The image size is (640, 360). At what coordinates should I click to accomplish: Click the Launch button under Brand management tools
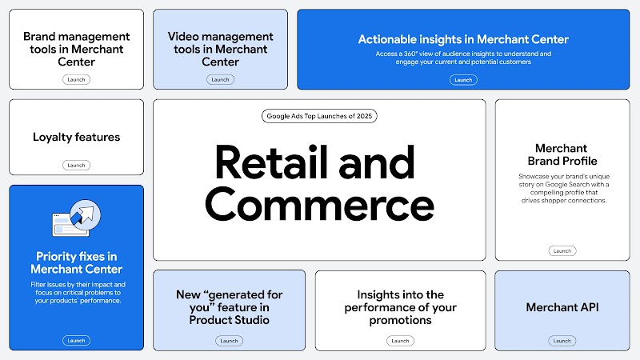(x=76, y=79)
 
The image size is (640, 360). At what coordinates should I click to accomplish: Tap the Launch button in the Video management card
(x=220, y=79)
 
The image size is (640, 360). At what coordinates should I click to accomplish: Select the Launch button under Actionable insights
(x=463, y=79)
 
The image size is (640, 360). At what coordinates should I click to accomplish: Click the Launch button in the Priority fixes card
(x=76, y=340)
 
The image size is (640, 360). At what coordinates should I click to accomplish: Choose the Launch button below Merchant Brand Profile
(x=562, y=250)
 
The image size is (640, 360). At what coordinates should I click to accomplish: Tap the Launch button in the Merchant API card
(x=562, y=340)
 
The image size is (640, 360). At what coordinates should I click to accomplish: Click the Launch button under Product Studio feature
(x=229, y=340)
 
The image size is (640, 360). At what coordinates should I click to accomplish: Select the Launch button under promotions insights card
(x=399, y=340)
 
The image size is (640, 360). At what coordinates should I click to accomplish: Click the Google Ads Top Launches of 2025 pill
(x=319, y=116)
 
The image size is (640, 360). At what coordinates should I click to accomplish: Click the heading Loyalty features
(x=76, y=137)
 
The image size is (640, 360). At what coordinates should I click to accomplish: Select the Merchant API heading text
(x=562, y=307)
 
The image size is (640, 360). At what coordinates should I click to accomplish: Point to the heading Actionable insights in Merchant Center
(x=463, y=39)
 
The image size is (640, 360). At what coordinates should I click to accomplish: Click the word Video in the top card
(x=183, y=37)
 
